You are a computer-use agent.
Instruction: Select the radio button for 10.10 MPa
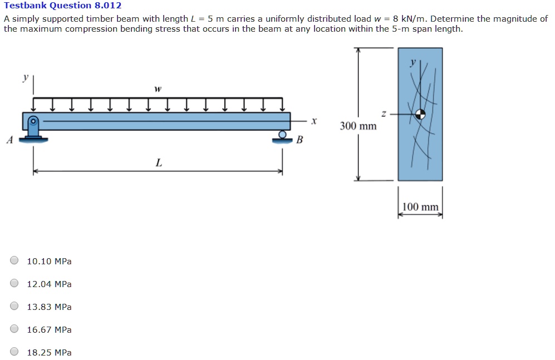tap(14, 261)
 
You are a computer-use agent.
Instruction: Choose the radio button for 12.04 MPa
tap(14, 284)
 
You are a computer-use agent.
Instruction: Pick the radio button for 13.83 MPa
tap(14, 307)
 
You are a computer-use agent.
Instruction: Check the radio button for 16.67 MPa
tap(14, 329)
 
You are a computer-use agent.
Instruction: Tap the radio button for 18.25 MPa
tap(14, 352)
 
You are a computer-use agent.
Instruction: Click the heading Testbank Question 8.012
tap(62, 6)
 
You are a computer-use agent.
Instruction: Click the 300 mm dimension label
tap(358, 126)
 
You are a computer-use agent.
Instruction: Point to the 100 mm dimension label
tap(420, 208)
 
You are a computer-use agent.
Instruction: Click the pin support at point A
tap(33, 129)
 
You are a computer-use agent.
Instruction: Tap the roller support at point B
tap(283, 136)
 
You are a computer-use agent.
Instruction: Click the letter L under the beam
tap(159, 163)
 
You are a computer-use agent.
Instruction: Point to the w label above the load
tap(158, 88)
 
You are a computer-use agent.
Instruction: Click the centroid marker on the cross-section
tap(420, 114)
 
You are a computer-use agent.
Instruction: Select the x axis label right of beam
tap(314, 120)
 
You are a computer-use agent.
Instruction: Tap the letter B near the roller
tap(299, 140)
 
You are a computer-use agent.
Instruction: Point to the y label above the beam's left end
tap(25, 78)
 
